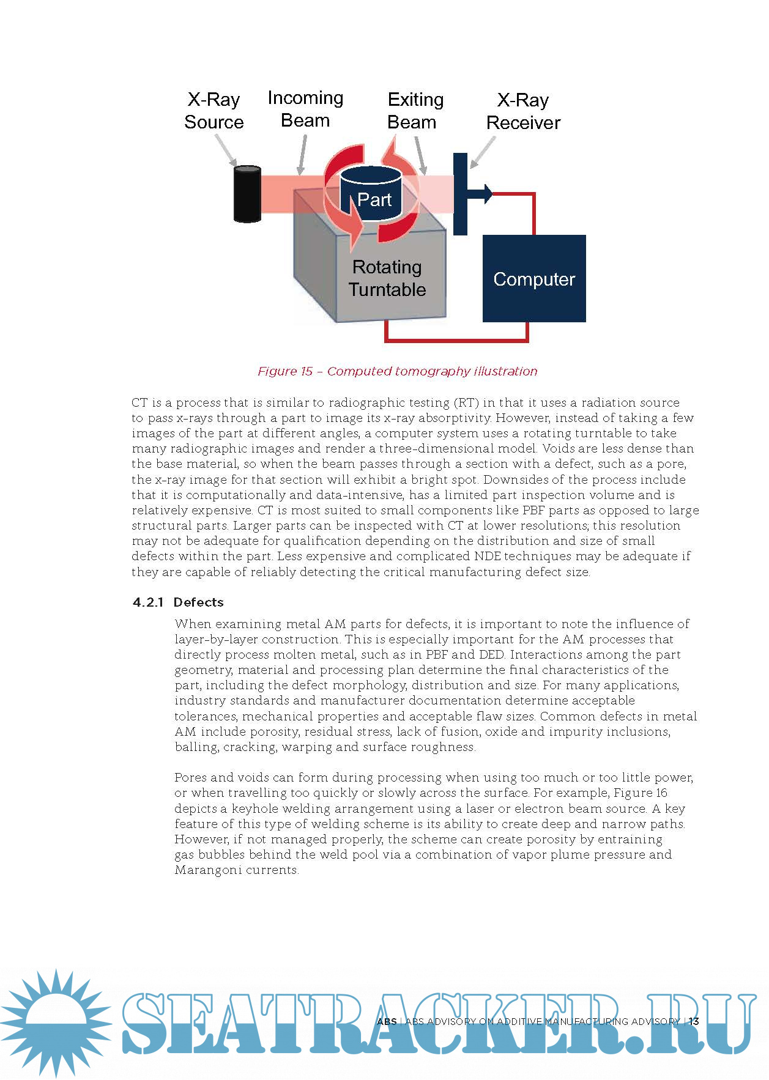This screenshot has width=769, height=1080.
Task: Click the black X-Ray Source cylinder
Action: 247,193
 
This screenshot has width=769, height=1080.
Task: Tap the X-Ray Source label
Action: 214,111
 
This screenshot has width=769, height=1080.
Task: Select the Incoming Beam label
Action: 305,109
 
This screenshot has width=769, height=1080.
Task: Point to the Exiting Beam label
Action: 415,111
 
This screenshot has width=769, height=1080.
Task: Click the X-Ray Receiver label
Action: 523,111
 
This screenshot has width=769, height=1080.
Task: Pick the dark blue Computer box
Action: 534,279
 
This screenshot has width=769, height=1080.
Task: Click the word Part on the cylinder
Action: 374,200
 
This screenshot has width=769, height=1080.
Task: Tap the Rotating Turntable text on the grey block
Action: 387,278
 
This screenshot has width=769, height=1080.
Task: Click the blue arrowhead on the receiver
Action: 486,193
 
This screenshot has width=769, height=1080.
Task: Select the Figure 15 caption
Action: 397,371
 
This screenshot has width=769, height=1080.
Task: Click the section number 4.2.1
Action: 148,602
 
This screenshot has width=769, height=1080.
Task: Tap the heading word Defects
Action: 199,602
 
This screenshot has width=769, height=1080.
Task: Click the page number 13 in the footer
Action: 694,1021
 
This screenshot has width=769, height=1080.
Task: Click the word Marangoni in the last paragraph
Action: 205,870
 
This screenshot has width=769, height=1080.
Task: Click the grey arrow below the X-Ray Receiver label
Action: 483,152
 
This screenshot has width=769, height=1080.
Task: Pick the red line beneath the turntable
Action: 456,339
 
